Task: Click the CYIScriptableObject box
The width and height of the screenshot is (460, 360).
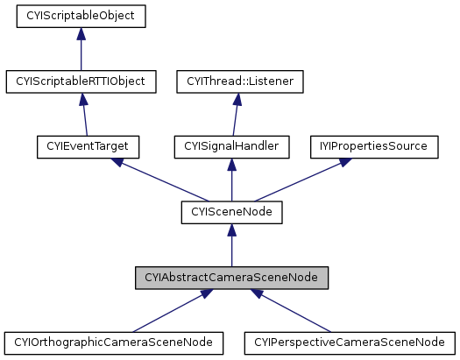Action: (81, 16)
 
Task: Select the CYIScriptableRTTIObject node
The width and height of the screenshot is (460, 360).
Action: (81, 81)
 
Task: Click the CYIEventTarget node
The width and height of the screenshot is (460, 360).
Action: (88, 146)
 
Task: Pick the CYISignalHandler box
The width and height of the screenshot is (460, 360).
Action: (231, 146)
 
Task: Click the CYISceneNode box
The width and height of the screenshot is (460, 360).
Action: (231, 211)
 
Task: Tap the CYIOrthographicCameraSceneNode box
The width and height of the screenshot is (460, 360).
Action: (113, 342)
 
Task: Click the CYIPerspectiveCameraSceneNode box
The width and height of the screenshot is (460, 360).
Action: (350, 342)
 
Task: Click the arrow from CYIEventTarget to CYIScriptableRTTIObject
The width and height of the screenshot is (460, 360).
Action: (85, 116)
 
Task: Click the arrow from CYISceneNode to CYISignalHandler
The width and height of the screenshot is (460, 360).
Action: (231, 180)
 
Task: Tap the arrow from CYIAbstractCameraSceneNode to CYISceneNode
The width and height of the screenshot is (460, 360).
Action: (231, 245)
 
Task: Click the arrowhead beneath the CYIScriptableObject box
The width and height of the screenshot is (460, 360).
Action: (81, 34)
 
